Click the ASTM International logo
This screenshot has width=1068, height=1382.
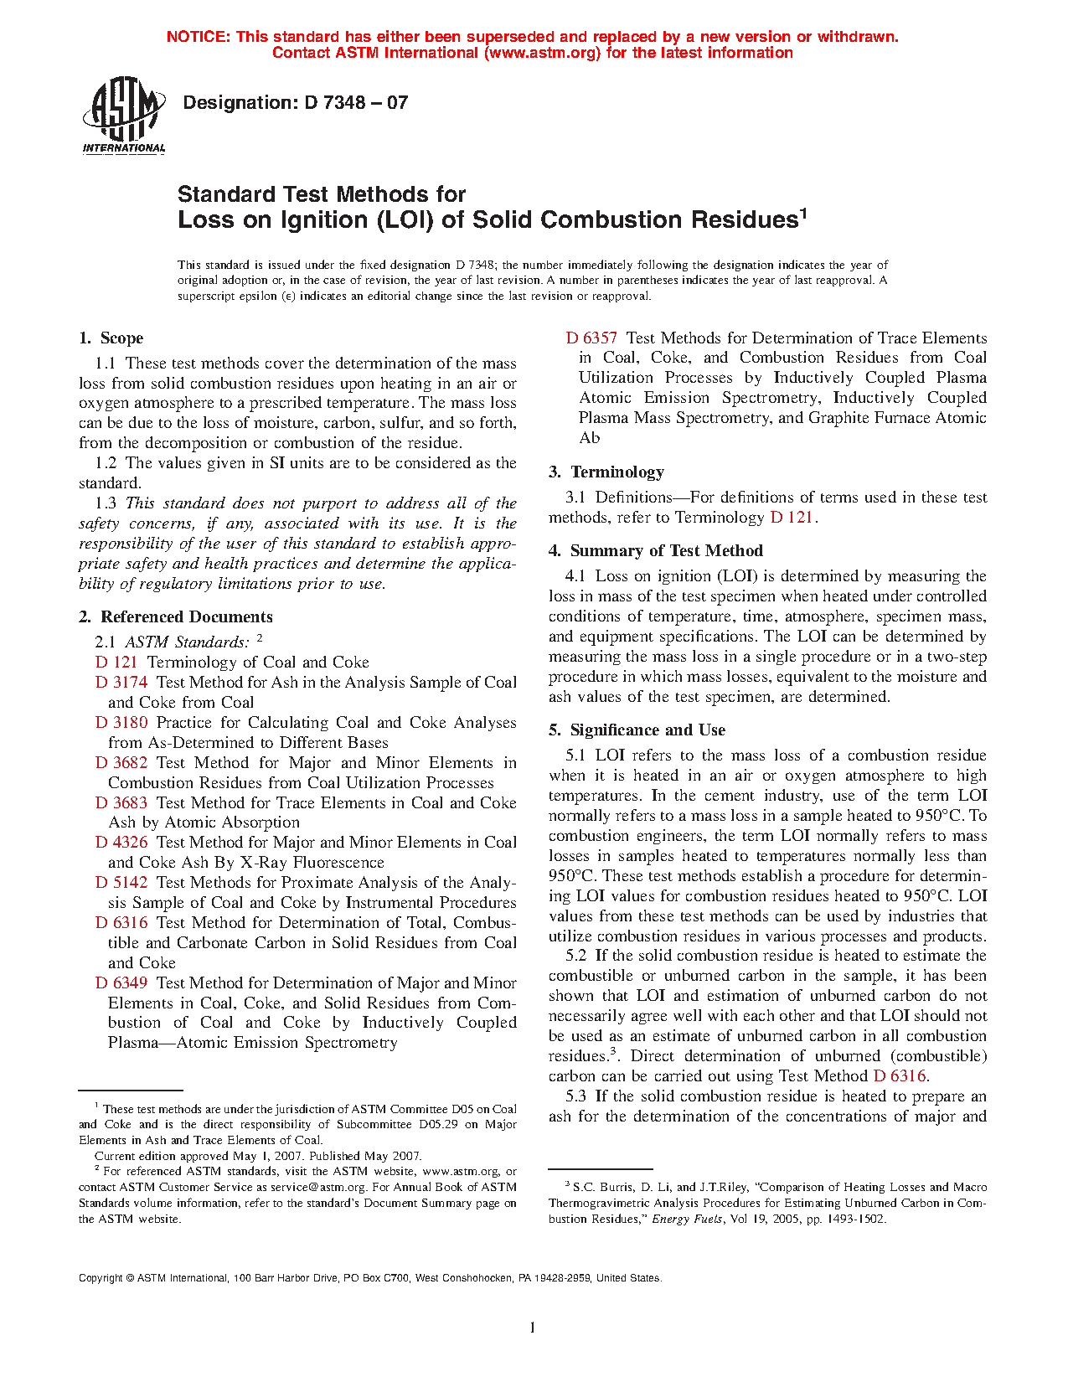click(123, 115)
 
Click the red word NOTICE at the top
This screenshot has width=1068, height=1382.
click(198, 37)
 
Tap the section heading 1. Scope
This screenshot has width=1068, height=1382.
click(111, 338)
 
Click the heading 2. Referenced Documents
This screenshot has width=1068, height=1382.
click(176, 617)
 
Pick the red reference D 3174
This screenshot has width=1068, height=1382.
click(121, 683)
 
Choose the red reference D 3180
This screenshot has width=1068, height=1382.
click(121, 723)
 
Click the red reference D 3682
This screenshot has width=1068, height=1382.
click(121, 763)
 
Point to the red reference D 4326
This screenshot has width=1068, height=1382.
click(121, 843)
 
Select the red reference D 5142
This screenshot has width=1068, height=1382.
click(121, 883)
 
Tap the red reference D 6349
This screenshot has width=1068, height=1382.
click(121, 983)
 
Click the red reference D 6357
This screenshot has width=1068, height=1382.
click(591, 338)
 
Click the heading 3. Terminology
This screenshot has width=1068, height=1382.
click(606, 472)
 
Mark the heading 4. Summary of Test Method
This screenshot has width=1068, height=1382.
click(656, 551)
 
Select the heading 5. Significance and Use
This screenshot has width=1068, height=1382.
click(637, 730)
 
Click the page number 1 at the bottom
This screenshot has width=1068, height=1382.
click(533, 1327)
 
